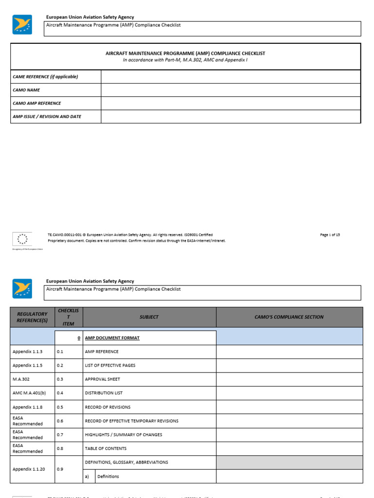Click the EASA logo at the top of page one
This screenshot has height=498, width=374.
pyautogui.click(x=22, y=24)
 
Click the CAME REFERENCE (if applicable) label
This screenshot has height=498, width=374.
pyautogui.click(x=45, y=77)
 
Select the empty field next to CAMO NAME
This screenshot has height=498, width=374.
pyautogui.click(x=231, y=90)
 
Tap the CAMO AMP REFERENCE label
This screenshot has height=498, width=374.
pyautogui.click(x=37, y=103)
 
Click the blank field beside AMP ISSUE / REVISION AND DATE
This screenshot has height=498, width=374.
pyautogui.click(x=231, y=117)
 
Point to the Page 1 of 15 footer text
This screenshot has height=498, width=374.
pyautogui.click(x=330, y=235)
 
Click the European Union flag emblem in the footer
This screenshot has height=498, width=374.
pyautogui.click(x=22, y=238)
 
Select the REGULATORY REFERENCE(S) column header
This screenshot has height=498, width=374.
pyautogui.click(x=32, y=317)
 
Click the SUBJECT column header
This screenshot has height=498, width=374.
pyautogui.click(x=149, y=317)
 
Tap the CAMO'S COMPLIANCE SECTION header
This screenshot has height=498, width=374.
pyautogui.click(x=289, y=317)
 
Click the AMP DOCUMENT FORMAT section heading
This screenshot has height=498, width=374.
pyautogui.click(x=112, y=338)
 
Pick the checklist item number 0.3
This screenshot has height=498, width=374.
pyautogui.click(x=60, y=379)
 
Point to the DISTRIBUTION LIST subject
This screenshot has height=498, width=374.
pyautogui.click(x=104, y=393)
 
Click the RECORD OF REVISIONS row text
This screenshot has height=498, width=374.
pyautogui.click(x=108, y=407)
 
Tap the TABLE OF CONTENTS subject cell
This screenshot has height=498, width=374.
pyautogui.click(x=105, y=448)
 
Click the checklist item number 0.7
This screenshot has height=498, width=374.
pyautogui.click(x=60, y=435)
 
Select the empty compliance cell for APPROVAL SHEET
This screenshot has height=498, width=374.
pyautogui.click(x=289, y=379)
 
